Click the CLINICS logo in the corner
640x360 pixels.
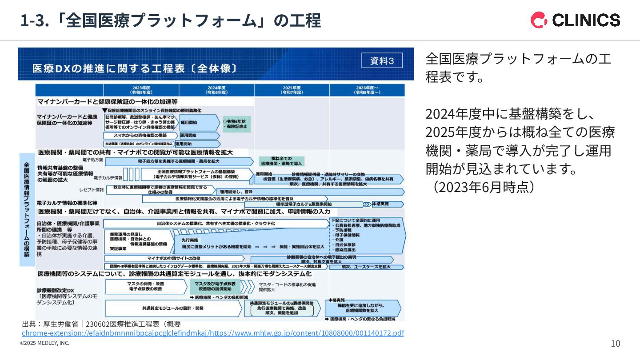[575, 20]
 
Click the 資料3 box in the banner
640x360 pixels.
[382, 61]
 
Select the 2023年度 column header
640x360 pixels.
[141, 90]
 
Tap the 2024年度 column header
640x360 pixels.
[217, 90]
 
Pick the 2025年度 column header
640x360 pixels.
[292, 90]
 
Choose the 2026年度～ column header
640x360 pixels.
[367, 90]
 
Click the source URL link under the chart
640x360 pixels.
[213, 333]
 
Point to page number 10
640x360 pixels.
[616, 344]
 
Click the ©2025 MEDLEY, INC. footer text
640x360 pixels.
[45, 343]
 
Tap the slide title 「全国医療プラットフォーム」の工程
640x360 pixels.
[171, 21]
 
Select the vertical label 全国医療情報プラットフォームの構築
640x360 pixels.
[27, 209]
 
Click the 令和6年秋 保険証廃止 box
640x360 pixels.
[237, 124]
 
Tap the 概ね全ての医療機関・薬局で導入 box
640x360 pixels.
[281, 161]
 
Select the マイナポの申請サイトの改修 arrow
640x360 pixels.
[174, 258]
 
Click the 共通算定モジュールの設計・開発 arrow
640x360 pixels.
[173, 308]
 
